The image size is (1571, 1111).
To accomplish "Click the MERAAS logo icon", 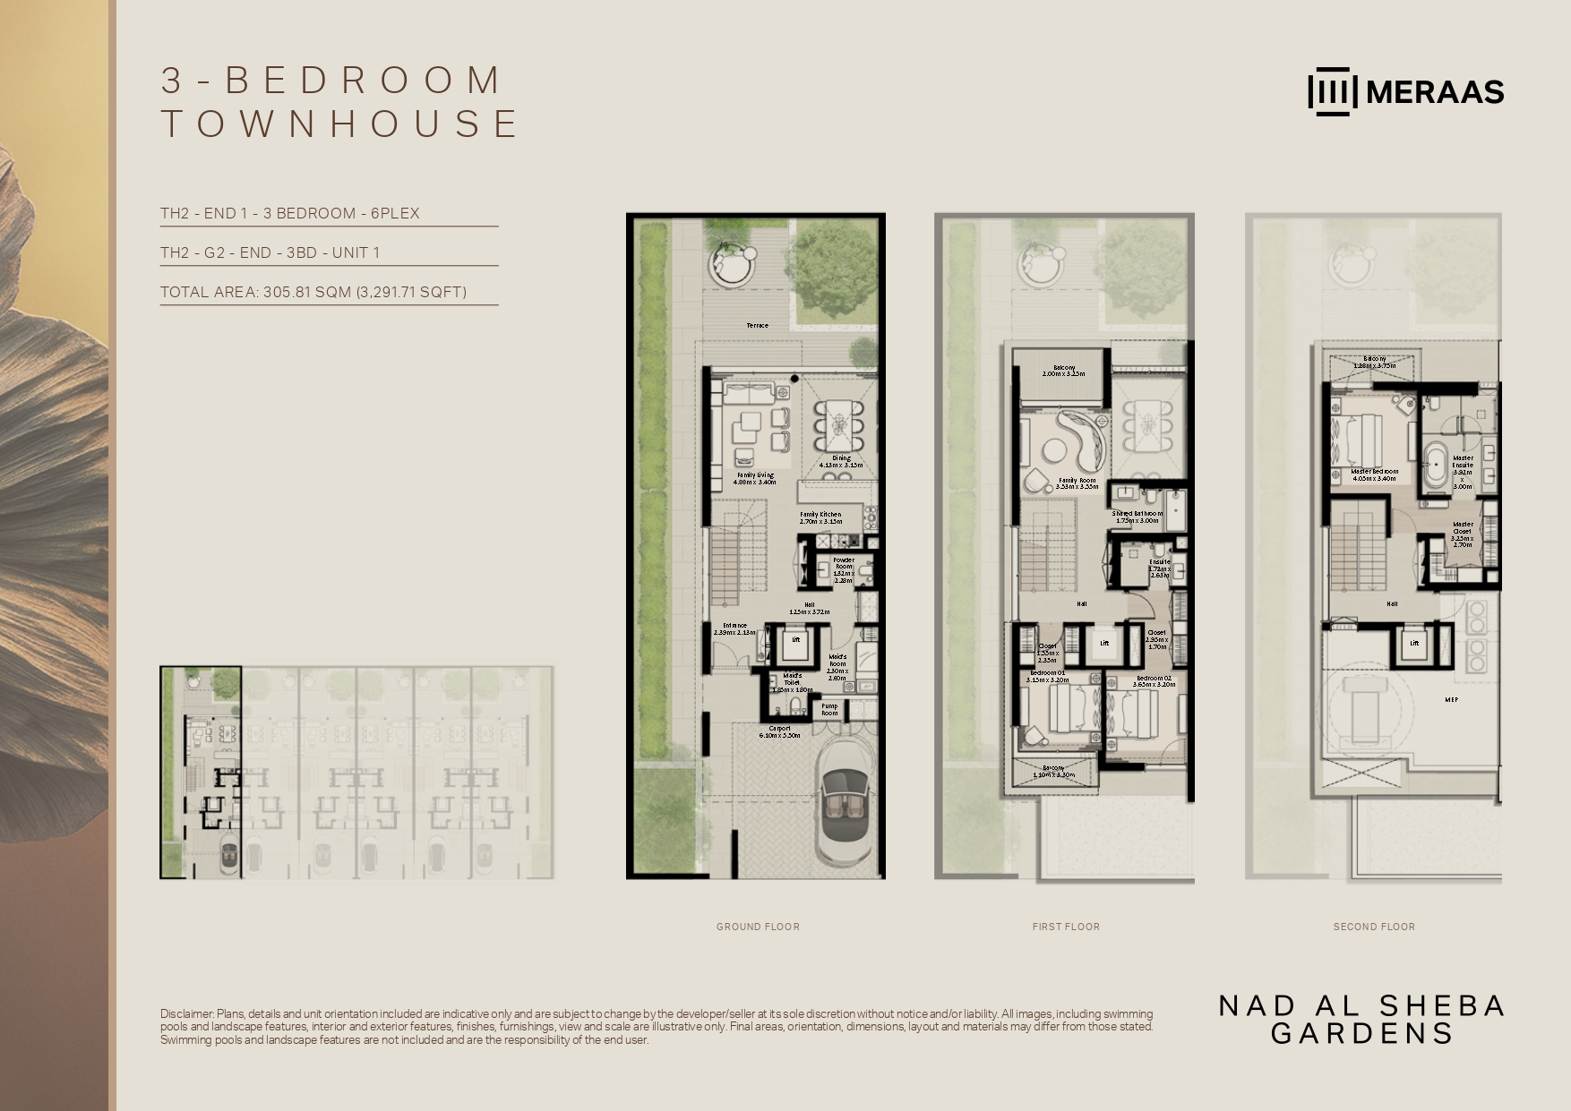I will tap(1332, 92).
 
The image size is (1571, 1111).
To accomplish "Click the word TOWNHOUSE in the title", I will tap(339, 124).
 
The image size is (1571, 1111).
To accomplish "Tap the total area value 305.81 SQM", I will tap(306, 292).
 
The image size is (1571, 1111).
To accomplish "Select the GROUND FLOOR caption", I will tap(758, 927).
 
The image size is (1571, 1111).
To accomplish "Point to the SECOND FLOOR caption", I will tap(1374, 927).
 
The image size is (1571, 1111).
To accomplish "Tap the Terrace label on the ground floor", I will tap(757, 326).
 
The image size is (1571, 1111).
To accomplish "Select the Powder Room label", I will tap(844, 564).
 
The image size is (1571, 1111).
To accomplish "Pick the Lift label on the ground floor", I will tap(795, 640).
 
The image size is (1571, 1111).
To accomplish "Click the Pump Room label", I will tap(830, 710).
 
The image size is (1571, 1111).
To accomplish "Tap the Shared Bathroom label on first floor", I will tap(1137, 514).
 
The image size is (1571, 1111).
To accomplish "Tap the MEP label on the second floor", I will tap(1451, 699).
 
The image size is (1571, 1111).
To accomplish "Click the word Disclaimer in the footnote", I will tap(186, 1013).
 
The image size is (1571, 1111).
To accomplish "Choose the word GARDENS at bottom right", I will tap(1361, 1034).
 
